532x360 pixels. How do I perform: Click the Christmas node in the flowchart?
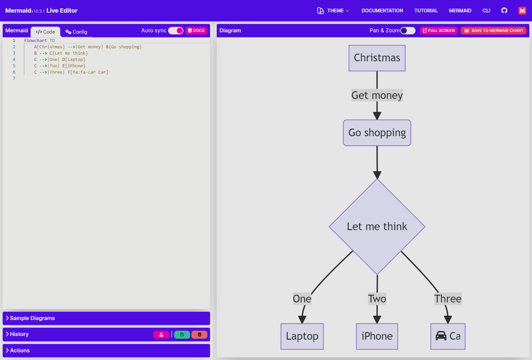[377, 58]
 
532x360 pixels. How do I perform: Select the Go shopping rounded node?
[377, 133]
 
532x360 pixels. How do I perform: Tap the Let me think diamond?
[377, 226]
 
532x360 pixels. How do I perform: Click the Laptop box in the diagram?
[302, 336]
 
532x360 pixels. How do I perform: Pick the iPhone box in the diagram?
[377, 336]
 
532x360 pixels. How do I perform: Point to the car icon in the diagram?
[441, 336]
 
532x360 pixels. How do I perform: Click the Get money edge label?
[377, 95]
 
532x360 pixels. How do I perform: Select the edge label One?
[302, 299]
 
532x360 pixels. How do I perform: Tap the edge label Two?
[377, 299]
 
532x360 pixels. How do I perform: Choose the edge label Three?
[448, 299]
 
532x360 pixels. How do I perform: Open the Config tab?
[76, 32]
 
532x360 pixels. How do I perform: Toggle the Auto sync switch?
[176, 31]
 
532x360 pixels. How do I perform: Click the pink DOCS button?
[196, 31]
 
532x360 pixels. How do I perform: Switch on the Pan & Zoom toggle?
[408, 31]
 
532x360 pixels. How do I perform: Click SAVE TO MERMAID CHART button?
[493, 31]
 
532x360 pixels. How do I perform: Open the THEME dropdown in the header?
[333, 11]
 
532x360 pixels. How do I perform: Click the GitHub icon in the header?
[504, 11]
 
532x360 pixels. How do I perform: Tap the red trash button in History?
[199, 335]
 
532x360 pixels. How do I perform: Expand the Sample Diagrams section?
[32, 318]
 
